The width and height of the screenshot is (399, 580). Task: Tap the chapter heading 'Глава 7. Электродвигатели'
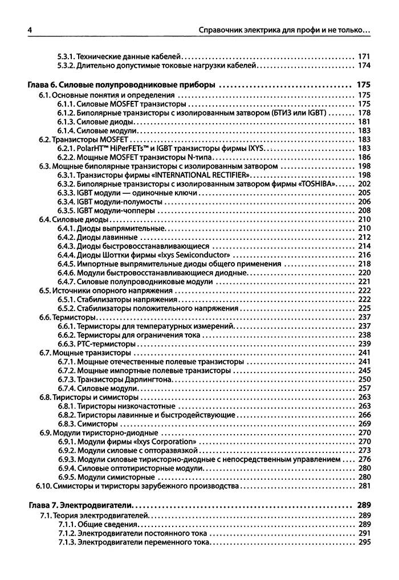(x=80, y=504)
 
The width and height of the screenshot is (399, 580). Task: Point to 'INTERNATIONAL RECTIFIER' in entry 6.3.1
(x=201, y=174)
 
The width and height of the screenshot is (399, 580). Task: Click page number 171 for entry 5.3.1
(x=364, y=57)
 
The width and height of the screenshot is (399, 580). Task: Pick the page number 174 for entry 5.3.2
(x=364, y=66)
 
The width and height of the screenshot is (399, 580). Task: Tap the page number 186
(x=364, y=157)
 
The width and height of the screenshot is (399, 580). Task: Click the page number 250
(x=364, y=379)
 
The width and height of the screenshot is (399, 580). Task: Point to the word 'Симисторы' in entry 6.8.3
(x=97, y=424)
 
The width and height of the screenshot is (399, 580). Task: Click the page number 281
(x=364, y=486)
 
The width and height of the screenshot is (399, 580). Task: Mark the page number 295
(x=364, y=542)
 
